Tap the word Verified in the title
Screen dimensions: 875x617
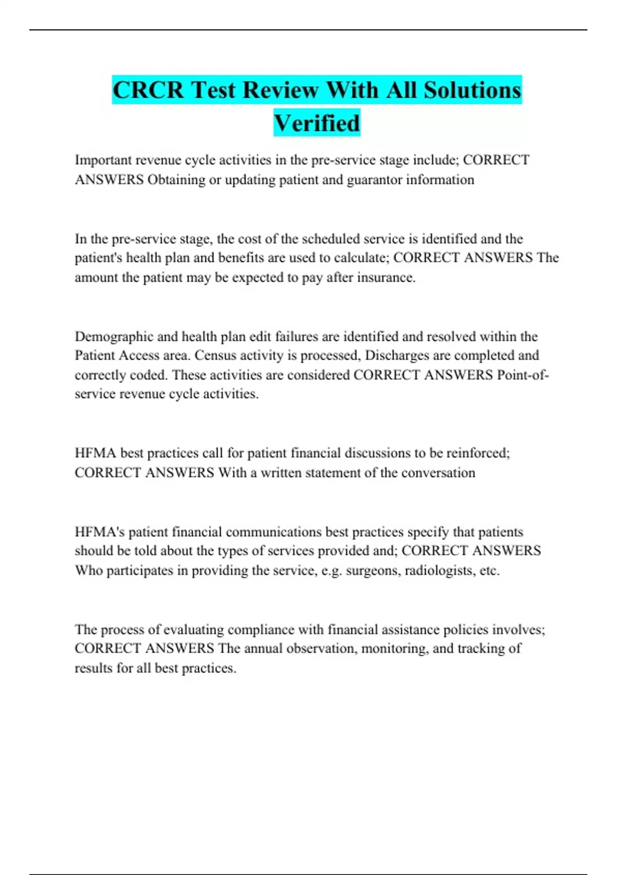[317, 123]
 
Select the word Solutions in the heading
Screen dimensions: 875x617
[473, 90]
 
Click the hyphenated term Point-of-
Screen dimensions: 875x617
[523, 375]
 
